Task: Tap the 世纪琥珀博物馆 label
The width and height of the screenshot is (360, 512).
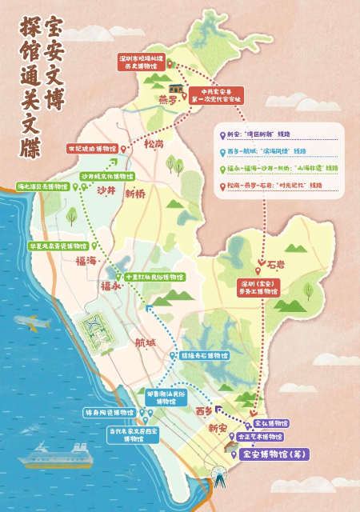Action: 114,149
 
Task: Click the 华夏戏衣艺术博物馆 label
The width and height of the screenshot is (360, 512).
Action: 58,246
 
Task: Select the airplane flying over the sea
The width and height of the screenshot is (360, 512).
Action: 30,324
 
